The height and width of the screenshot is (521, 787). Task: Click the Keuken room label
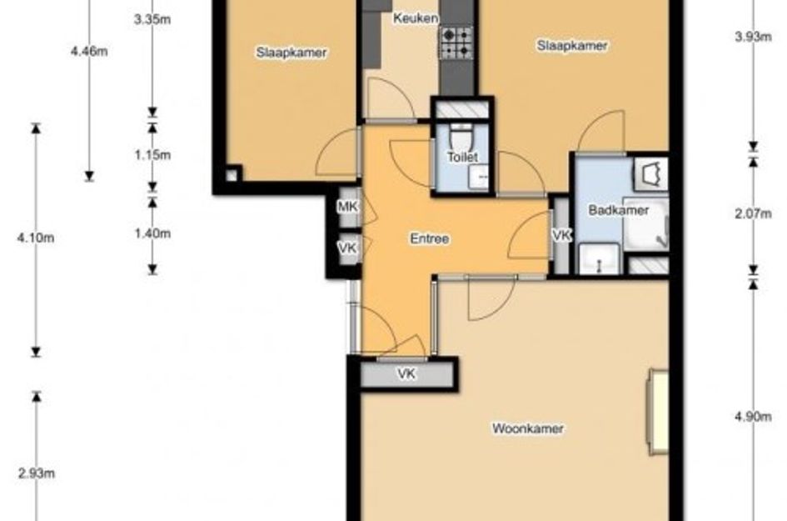point(415,18)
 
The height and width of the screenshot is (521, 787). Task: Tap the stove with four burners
point(456,43)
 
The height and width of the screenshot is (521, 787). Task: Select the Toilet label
point(462,158)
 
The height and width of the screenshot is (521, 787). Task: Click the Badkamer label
point(618,210)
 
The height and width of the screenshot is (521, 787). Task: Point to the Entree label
point(429,238)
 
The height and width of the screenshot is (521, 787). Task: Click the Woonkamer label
point(527,428)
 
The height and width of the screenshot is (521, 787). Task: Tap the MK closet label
point(347,206)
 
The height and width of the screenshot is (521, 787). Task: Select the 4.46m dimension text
point(89,51)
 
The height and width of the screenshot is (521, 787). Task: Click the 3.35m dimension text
point(152,20)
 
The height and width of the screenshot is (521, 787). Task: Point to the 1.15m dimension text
point(152,155)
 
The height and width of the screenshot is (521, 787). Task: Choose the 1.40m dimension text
point(152,233)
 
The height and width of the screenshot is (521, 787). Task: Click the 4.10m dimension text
point(36,238)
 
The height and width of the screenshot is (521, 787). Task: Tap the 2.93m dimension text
point(36,473)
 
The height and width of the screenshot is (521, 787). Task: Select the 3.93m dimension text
point(753,37)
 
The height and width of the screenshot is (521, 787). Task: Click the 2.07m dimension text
point(753,214)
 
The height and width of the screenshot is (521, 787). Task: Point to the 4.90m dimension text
point(753,417)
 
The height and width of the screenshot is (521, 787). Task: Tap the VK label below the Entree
point(406,373)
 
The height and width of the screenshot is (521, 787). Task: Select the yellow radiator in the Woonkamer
point(658,412)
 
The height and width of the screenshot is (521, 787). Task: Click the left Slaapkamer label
point(291,53)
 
